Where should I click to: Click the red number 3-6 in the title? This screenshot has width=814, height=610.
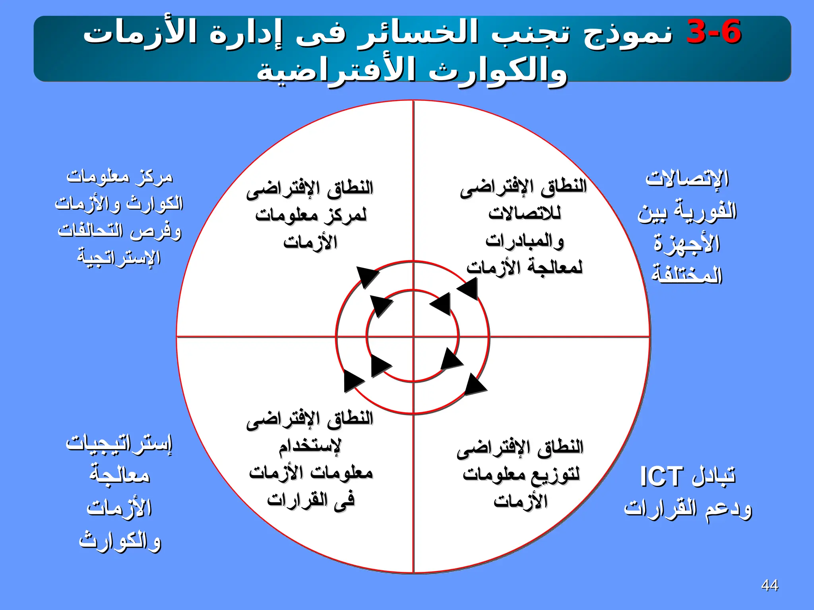[713, 32]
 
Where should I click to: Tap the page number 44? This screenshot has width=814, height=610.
[769, 585]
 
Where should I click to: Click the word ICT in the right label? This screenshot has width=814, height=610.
[661, 477]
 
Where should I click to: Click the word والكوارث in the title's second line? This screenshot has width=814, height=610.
[497, 71]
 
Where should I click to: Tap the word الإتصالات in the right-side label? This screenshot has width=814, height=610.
[687, 179]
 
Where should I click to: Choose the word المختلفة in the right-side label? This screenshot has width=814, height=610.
[687, 275]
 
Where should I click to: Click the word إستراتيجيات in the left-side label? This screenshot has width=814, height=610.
[119, 443]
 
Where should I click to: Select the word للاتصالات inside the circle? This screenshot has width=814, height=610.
[525, 214]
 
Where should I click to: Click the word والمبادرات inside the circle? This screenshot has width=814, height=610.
[525, 241]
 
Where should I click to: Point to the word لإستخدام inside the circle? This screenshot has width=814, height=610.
[310, 446]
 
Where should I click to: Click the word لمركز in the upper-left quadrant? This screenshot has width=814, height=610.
[346, 215]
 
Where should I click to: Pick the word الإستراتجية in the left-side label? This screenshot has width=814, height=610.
[119, 257]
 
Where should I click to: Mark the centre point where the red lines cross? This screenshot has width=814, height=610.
[413, 337]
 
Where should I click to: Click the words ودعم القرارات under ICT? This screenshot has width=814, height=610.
[687, 509]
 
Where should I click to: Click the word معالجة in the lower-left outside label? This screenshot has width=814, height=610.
[119, 475]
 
